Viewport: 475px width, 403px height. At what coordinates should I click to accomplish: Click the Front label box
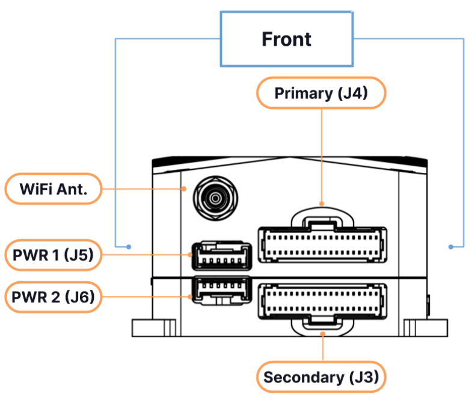point(287,39)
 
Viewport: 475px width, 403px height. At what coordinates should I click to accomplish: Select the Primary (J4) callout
point(320,93)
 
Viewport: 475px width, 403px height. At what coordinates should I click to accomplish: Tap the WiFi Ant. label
point(53,189)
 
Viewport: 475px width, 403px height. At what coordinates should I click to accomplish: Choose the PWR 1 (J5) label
point(53,255)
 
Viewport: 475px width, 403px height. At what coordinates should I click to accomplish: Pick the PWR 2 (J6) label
point(53,297)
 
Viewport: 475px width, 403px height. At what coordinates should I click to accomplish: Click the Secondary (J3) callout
point(321,378)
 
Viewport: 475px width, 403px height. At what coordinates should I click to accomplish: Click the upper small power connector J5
point(221,255)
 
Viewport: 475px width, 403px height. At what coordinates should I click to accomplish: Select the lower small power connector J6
point(221,290)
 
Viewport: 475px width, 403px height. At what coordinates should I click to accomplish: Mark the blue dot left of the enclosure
point(129,247)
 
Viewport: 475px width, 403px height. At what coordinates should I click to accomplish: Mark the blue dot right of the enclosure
point(450,247)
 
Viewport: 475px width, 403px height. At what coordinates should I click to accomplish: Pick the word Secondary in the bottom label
point(302,378)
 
